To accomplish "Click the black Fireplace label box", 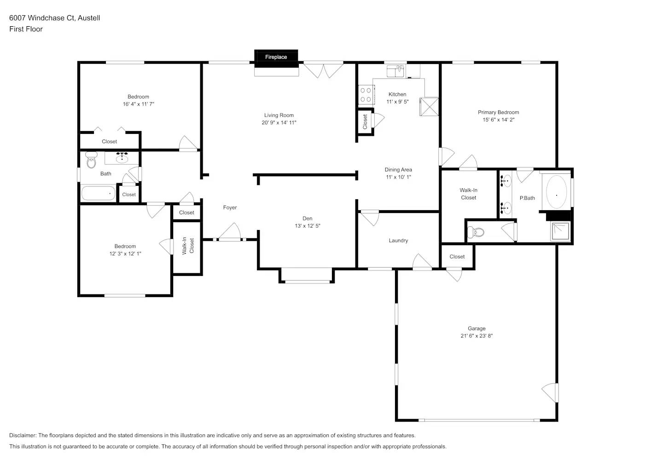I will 276,57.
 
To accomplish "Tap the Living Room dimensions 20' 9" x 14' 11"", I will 279,123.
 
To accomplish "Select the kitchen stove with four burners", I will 366,95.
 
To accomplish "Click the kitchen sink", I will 395,71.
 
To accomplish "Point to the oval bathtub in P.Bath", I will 556,192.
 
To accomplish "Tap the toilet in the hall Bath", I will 91,161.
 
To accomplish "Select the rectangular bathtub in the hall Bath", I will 98,193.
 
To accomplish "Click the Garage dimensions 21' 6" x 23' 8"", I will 477,336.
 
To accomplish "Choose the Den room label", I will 307,218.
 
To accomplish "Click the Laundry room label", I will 398,241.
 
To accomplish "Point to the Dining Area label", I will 398,170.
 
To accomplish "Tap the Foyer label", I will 230,207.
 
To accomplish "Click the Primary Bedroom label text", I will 498,112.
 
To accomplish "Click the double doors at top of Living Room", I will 323,70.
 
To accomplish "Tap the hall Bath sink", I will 122,159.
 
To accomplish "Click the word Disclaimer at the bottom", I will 23,435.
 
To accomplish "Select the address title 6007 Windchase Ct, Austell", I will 55,18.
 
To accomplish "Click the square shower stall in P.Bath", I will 561,231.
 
